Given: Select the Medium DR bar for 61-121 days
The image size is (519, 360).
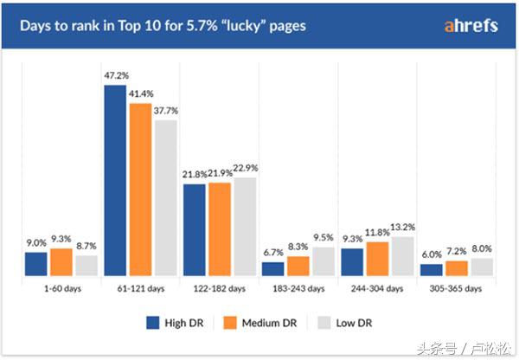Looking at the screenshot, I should click(140, 190).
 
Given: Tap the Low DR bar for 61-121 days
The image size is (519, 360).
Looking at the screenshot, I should click(165, 197).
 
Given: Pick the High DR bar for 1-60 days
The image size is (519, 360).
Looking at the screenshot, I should click(36, 264).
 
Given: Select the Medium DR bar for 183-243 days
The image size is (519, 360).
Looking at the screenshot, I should click(298, 266).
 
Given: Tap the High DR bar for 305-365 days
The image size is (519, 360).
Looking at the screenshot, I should click(431, 270).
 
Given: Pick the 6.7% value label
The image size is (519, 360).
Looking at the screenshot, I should click(272, 253).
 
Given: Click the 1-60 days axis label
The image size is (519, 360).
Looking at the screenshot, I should click(61, 288).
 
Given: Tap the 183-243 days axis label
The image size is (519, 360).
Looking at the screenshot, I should click(298, 288).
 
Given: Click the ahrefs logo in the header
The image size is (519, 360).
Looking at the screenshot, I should click(470, 26).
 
